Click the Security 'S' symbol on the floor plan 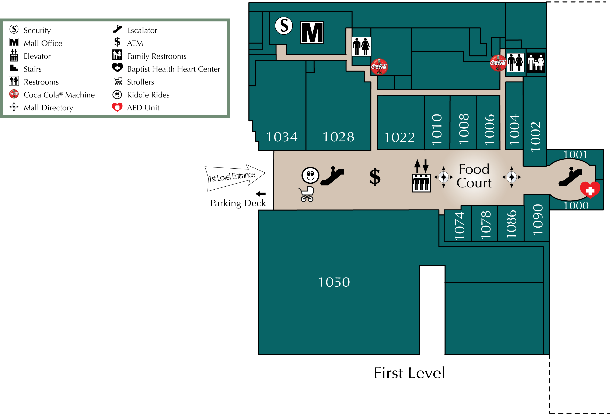[x=284, y=26]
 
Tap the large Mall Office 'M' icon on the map [x=312, y=33]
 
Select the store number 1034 [x=282, y=137]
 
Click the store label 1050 [x=334, y=282]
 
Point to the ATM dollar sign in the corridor [x=375, y=177]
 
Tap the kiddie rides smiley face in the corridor [x=310, y=175]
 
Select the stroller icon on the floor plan [x=307, y=194]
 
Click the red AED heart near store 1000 [x=590, y=189]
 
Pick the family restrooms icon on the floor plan [x=536, y=63]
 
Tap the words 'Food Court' [x=474, y=176]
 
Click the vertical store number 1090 [x=537, y=219]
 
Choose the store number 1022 [x=399, y=137]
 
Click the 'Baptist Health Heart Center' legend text [x=174, y=69]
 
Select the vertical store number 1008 [x=464, y=129]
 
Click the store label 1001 [x=575, y=154]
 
